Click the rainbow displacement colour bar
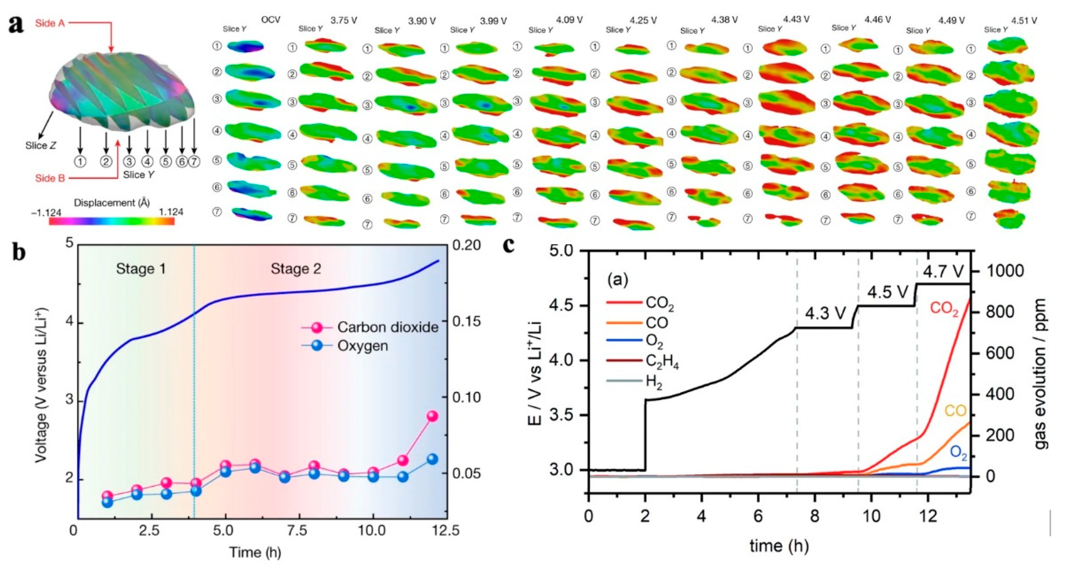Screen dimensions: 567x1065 [112, 221]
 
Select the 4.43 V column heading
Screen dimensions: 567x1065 [795, 20]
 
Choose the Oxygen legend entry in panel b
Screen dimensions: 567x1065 [363, 346]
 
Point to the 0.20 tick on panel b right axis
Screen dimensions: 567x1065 [467, 245]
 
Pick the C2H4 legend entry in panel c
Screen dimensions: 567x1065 [661, 363]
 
